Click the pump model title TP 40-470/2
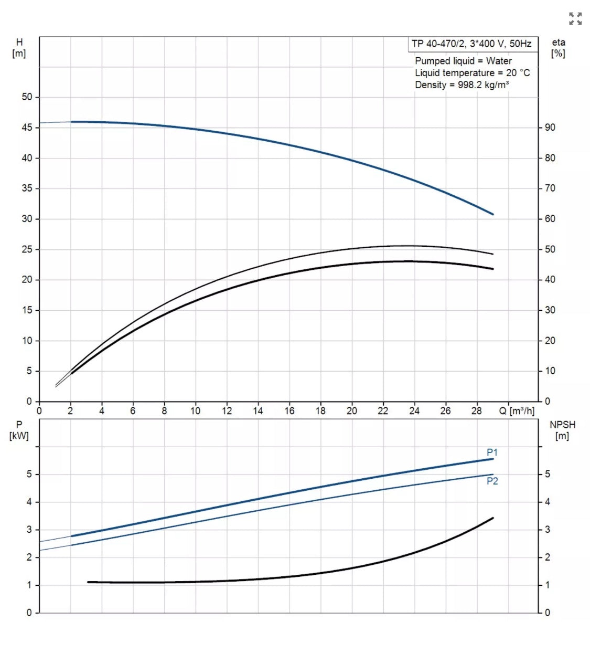coord(471,44)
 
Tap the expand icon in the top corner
coord(575,19)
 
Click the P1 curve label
coord(492,452)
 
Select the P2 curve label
coord(492,481)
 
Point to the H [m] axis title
coord(19,48)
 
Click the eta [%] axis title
coord(558,48)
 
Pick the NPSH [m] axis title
coord(562,430)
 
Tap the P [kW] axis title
coord(19,430)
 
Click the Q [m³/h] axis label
coord(517,410)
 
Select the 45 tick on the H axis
coord(27,128)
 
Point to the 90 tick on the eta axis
coord(550,128)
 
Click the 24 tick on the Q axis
coord(414,410)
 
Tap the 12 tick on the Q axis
coord(227,410)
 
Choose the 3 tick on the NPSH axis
coord(548,530)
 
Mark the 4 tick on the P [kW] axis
coord(29,502)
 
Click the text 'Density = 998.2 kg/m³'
coord(462,85)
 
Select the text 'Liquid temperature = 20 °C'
coord(472,73)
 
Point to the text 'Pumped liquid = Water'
coord(463,61)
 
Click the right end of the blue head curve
coord(492,214)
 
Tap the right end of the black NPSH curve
coord(492,518)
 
